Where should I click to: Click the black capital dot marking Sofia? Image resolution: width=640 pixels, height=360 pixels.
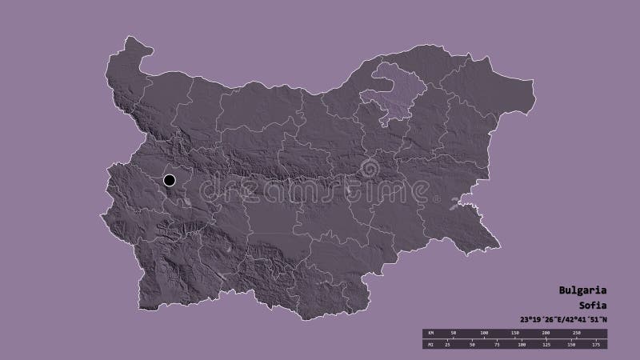point(170,180)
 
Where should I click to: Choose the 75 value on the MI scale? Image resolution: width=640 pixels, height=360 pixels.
point(497,344)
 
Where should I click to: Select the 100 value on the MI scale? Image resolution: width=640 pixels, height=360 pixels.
point(521,344)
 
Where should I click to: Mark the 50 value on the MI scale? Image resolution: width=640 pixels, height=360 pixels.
point(473,344)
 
